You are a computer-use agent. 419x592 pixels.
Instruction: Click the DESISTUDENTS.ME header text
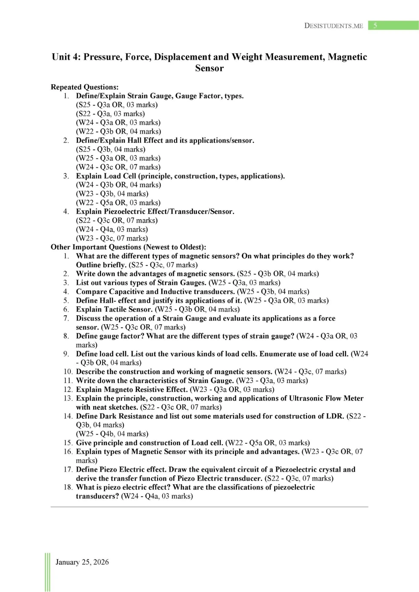point(333,26)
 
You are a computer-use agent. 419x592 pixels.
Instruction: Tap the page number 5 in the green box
point(375,26)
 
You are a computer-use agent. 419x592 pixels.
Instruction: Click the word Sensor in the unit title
point(209,68)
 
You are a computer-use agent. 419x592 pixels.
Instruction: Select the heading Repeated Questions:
point(84,87)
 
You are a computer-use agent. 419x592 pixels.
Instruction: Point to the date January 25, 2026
point(82,562)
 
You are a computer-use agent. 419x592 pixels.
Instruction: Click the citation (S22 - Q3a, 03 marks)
point(110,114)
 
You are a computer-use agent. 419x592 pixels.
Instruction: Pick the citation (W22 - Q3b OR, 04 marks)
point(118,132)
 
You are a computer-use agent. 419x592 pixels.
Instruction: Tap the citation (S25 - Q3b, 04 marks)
point(111,149)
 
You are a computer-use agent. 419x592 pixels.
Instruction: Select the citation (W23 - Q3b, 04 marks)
point(112,194)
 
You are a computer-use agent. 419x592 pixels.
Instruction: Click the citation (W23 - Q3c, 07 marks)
point(112,238)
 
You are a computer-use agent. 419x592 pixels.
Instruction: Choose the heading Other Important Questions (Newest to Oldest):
point(128,247)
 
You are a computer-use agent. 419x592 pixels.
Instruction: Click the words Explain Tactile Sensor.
point(114,309)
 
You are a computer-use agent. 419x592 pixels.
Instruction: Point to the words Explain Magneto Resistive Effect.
point(132,389)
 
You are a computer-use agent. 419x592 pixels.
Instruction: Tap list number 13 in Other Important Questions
point(68,398)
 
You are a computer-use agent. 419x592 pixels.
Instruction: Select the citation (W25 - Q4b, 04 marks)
point(112,434)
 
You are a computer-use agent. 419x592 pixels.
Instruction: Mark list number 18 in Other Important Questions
point(68,487)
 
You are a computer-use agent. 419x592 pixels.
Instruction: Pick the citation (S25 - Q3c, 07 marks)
point(163,265)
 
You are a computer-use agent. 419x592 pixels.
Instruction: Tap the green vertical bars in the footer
point(47,572)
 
